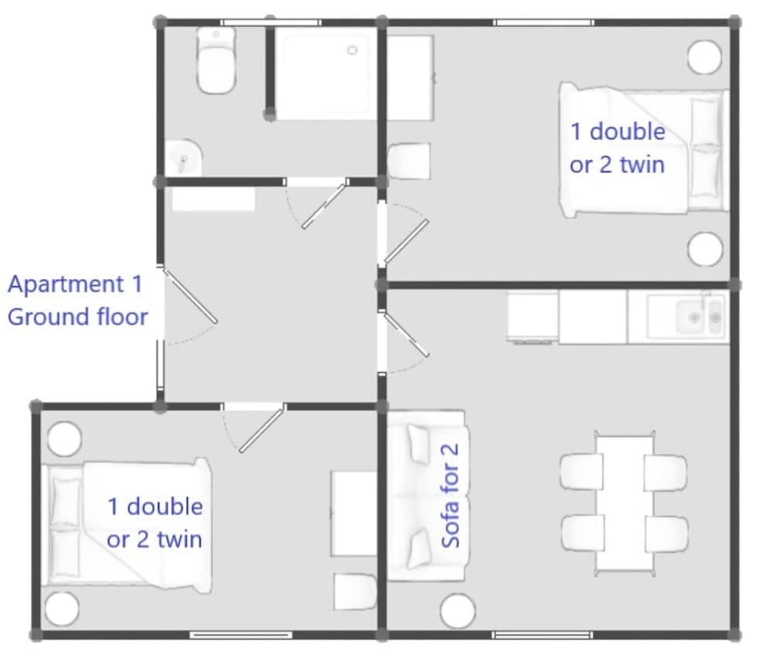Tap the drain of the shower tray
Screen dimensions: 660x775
[x=353, y=50]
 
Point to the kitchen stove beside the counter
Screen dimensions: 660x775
[x=533, y=317]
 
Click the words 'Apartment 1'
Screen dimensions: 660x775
[x=75, y=284]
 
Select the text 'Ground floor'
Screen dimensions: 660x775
[x=77, y=316]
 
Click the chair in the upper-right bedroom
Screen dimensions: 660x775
[x=408, y=161]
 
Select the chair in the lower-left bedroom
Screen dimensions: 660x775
[x=355, y=592]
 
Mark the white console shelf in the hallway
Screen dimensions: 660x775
[x=213, y=199]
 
